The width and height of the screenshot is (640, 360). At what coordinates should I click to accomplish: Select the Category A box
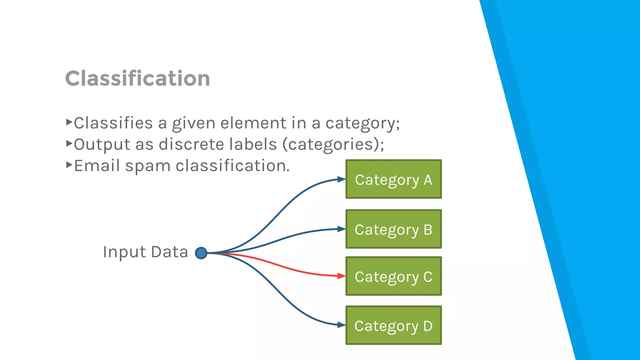(393, 179)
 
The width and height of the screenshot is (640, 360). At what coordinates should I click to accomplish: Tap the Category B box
(393, 229)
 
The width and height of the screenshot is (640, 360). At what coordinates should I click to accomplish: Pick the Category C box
(393, 276)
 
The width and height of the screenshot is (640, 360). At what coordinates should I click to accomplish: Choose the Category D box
(393, 325)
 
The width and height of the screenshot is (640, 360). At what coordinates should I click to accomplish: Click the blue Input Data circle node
(201, 253)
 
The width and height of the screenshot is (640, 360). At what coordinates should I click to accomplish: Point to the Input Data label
(145, 252)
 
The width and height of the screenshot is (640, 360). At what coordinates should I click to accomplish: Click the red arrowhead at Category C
(341, 276)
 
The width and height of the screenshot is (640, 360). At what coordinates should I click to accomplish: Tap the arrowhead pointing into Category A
(341, 179)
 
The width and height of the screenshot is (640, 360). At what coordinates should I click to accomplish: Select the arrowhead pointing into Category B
(341, 229)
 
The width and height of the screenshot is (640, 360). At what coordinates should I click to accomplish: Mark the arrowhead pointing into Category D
(341, 325)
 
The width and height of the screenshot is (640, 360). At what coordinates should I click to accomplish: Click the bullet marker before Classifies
(69, 122)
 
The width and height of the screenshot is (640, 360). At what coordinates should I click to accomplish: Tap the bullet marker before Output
(69, 143)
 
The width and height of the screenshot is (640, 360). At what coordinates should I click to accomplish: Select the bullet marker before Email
(69, 165)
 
